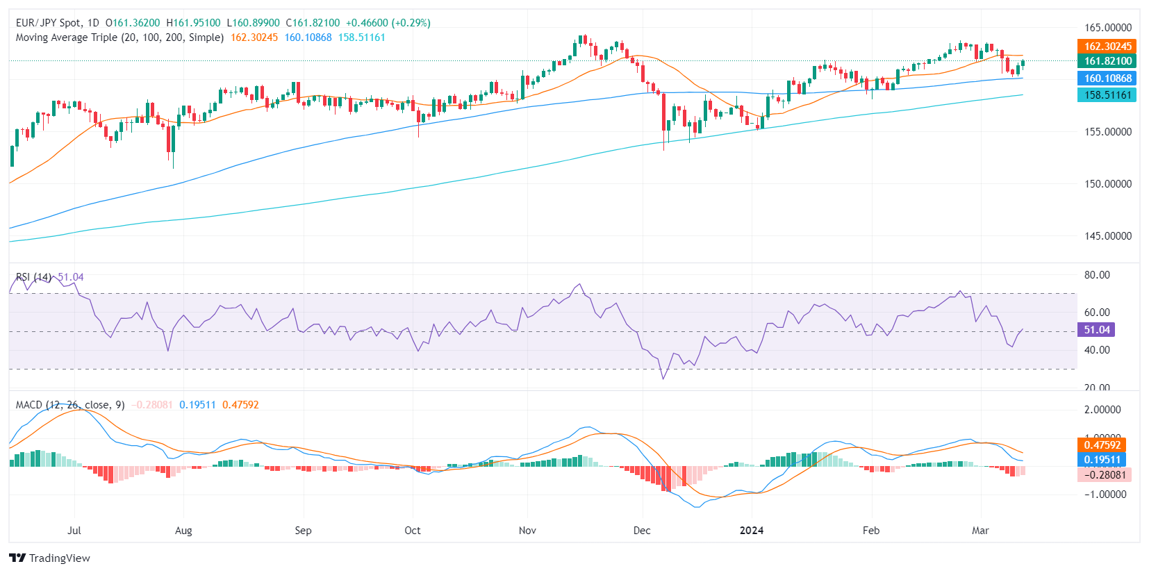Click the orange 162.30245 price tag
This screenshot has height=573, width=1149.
pyautogui.click(x=1107, y=47)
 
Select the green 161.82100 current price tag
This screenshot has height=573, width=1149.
pyautogui.click(x=1107, y=61)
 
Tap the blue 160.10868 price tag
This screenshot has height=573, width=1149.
pyautogui.click(x=1107, y=78)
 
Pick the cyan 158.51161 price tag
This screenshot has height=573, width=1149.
pyautogui.click(x=1107, y=95)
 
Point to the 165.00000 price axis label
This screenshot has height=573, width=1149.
pyautogui.click(x=1107, y=28)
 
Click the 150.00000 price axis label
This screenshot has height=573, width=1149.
pyautogui.click(x=1107, y=184)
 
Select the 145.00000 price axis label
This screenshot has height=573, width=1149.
pyautogui.click(x=1107, y=236)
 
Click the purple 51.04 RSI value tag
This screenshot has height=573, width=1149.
pyautogui.click(x=1096, y=330)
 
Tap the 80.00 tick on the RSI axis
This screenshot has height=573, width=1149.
pyautogui.click(x=1097, y=275)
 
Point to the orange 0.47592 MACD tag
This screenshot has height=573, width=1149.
pyautogui.click(x=1102, y=445)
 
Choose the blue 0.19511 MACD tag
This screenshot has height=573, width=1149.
pyautogui.click(x=1102, y=460)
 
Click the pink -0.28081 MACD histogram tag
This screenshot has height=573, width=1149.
pyautogui.click(x=1105, y=475)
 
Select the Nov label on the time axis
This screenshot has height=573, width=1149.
pyautogui.click(x=527, y=531)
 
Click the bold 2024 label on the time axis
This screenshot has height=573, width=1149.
pyautogui.click(x=751, y=531)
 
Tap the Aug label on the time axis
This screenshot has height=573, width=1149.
pyautogui.click(x=183, y=531)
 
